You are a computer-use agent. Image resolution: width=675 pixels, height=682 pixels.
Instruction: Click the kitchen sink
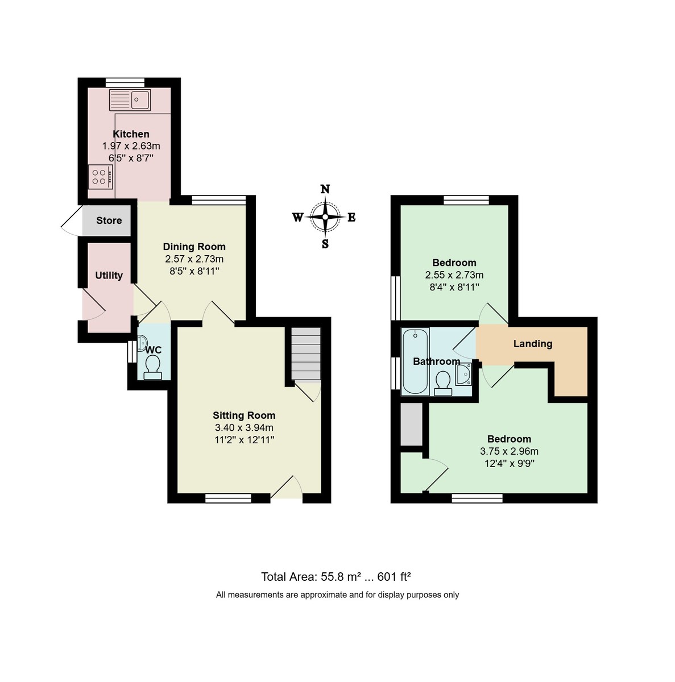[130, 100]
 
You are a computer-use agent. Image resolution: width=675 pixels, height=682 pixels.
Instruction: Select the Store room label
[109, 221]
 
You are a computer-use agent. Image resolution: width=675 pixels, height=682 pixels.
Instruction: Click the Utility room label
[109, 276]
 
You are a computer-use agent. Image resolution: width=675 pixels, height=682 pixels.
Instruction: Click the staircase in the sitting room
[306, 354]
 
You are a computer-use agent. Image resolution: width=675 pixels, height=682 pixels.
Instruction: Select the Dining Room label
[194, 247]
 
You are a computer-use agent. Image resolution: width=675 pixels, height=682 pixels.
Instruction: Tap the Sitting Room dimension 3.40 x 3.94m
[244, 428]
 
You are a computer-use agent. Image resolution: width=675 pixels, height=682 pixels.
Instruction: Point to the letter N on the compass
[325, 190]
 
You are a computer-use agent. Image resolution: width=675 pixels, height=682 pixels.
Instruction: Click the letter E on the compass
[351, 217]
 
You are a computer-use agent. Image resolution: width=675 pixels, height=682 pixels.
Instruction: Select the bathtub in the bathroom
[415, 361]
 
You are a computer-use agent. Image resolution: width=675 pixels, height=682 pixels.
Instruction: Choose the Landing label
[532, 344]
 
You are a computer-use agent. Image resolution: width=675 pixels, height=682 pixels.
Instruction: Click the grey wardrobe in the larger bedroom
[411, 425]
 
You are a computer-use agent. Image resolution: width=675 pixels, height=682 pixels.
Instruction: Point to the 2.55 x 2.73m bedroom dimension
[454, 275]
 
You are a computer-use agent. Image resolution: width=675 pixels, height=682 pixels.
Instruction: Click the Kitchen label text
[131, 134]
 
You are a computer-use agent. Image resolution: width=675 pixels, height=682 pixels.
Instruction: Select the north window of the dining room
[218, 199]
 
